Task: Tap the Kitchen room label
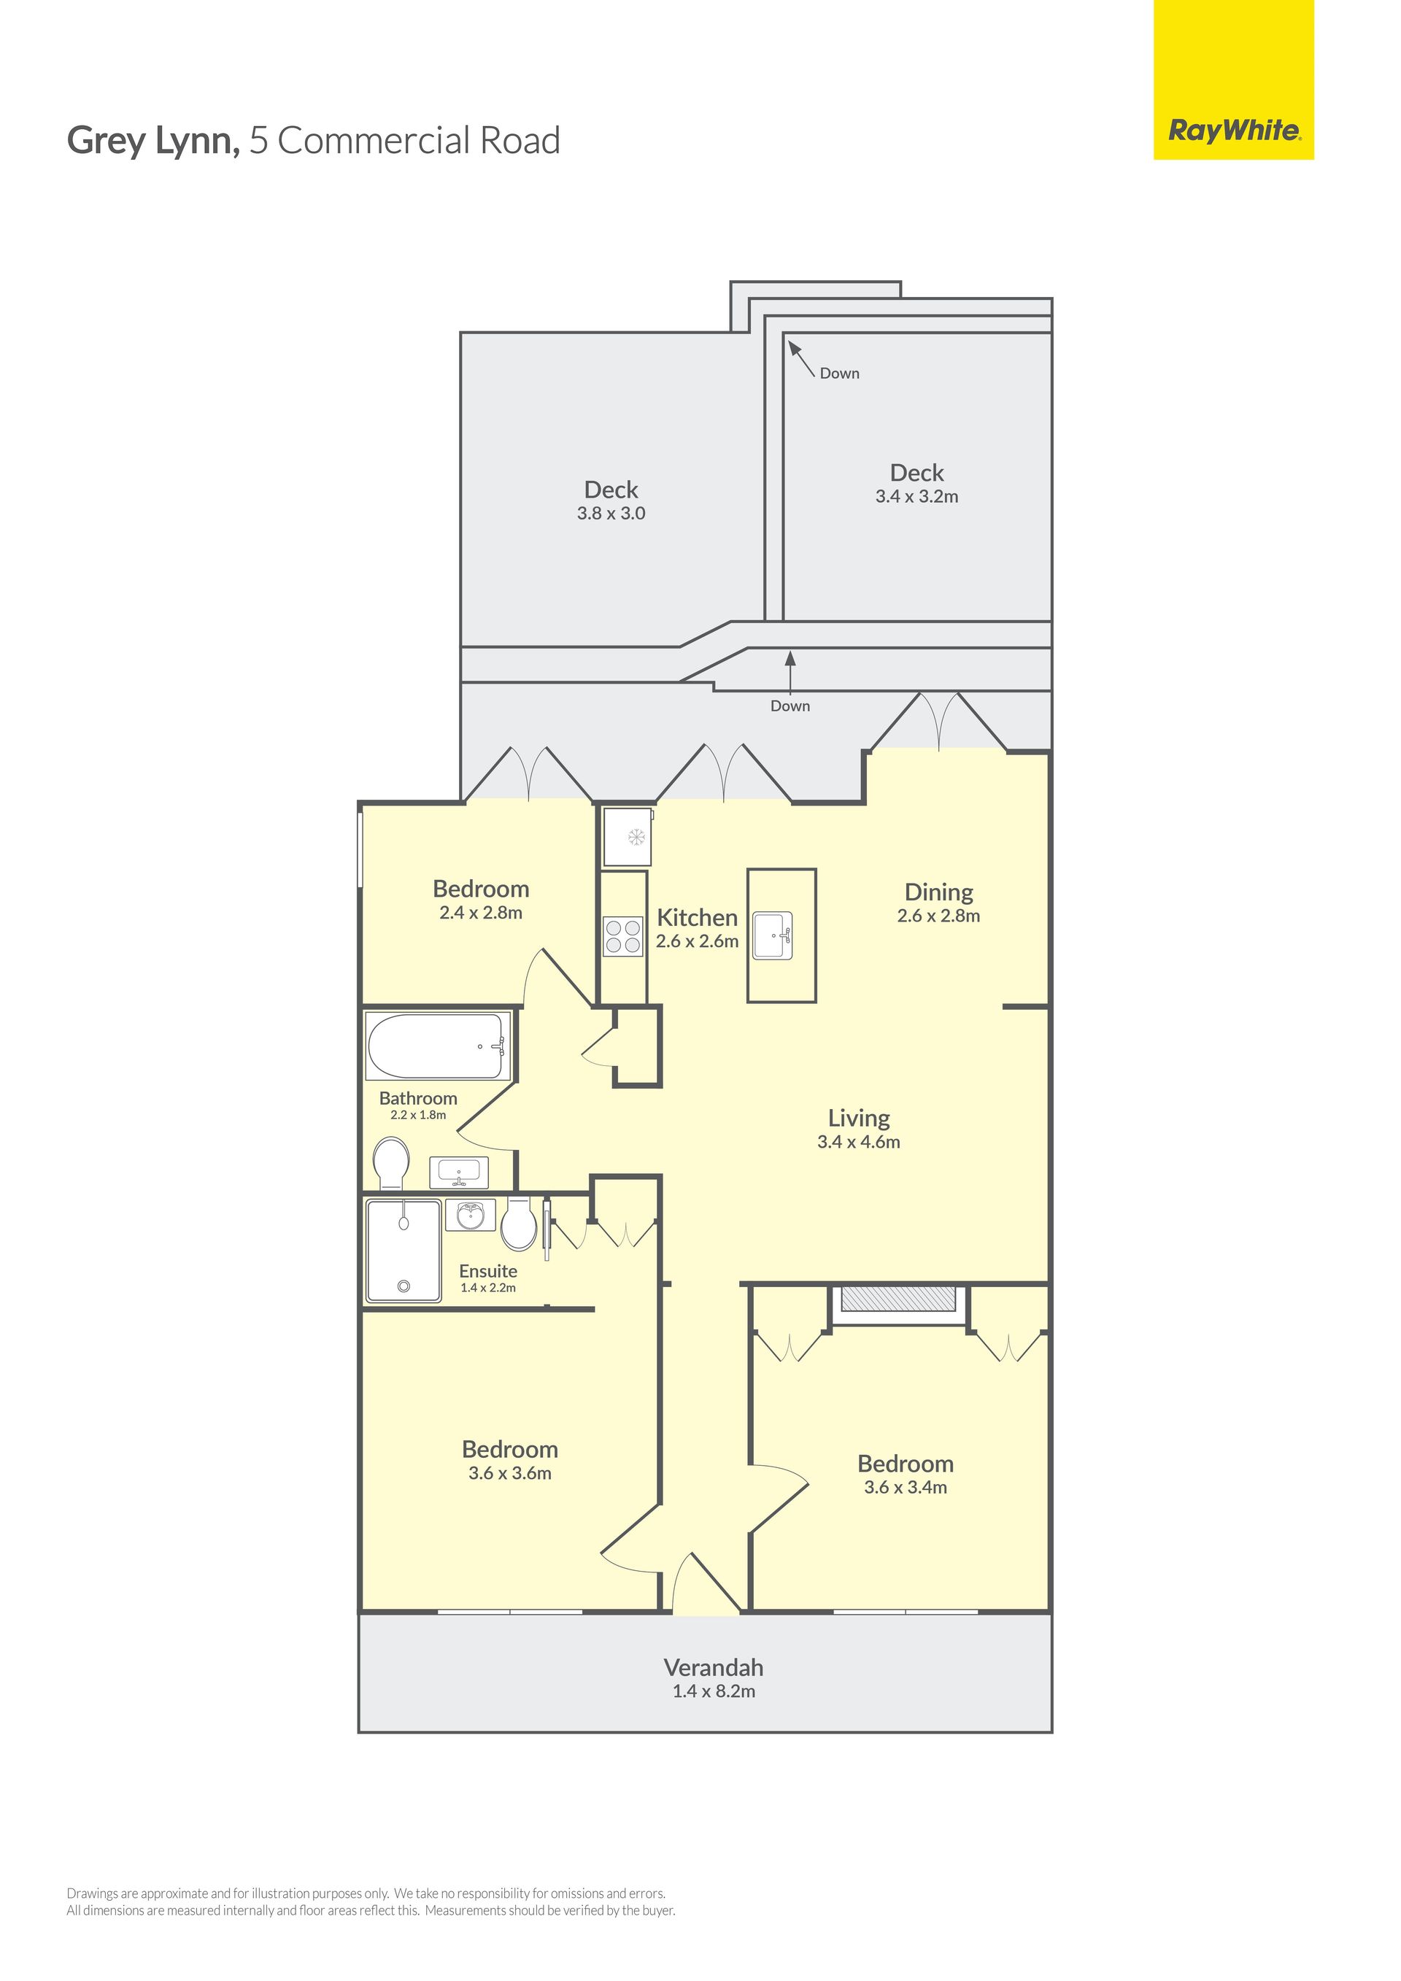tap(697, 917)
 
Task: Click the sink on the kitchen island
tap(772, 935)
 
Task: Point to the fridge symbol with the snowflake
tap(628, 836)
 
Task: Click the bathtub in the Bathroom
tap(437, 1046)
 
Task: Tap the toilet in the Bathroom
tap(392, 1163)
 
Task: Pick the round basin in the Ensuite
tap(470, 1215)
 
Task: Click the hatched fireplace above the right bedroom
tap(898, 1300)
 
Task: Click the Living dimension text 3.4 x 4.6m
tap(858, 1141)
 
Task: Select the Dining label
tap(938, 892)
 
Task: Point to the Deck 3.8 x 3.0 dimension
tap(611, 514)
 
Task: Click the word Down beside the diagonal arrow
tap(839, 374)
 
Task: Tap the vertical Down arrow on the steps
tap(790, 671)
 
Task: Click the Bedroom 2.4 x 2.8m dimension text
tap(481, 913)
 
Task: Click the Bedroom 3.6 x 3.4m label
tap(905, 1475)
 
